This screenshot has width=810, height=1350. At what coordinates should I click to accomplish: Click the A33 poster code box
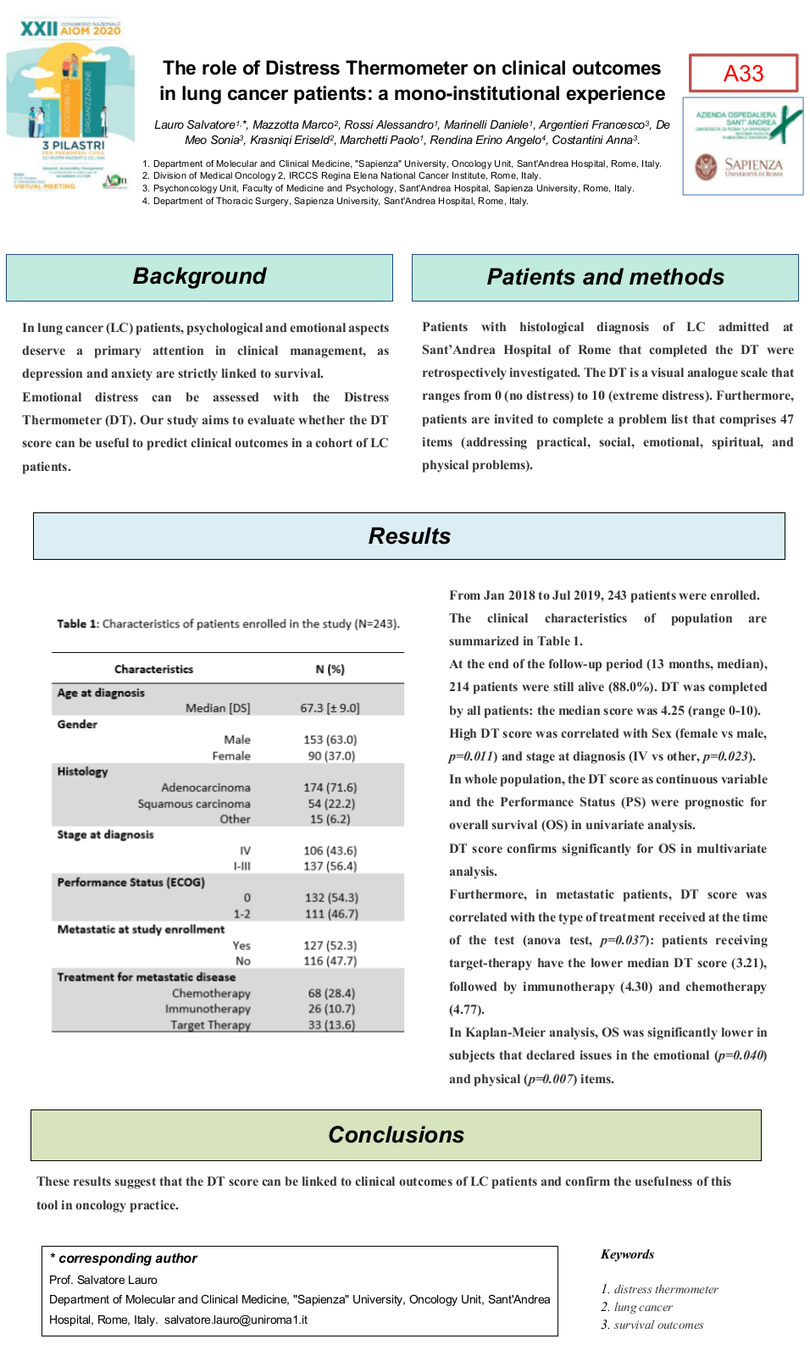[743, 74]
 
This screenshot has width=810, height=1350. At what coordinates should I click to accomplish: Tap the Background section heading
[199, 277]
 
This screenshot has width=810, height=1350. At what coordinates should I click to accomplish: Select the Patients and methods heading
[605, 278]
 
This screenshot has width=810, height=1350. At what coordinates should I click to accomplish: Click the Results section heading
[409, 536]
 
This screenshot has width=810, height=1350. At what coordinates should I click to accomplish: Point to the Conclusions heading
[396, 1135]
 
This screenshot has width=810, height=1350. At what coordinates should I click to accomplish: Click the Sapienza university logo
[742, 167]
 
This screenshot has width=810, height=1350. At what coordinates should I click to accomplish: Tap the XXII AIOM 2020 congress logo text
[70, 30]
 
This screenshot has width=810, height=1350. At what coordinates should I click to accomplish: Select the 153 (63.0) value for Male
[330, 739]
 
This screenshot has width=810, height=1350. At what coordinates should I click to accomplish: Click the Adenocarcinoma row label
[206, 788]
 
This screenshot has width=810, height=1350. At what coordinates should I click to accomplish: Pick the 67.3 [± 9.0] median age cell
[330, 708]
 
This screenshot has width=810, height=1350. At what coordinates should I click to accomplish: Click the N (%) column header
[330, 669]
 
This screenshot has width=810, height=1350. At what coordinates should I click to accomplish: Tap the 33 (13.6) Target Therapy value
[331, 1025]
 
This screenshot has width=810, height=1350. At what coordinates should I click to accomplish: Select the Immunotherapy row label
[208, 1009]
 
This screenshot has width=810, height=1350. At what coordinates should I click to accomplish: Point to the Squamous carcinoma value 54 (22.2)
[330, 804]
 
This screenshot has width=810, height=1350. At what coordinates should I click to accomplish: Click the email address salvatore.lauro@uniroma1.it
[236, 1320]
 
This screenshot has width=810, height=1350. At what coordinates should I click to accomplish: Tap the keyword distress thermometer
[666, 1289]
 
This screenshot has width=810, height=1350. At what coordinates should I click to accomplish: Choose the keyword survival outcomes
[658, 1325]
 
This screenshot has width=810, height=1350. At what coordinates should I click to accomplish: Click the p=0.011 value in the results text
[471, 756]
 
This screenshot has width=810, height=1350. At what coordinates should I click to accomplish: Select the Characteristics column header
[153, 669]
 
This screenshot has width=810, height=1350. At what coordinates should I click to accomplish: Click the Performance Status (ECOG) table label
[131, 882]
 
